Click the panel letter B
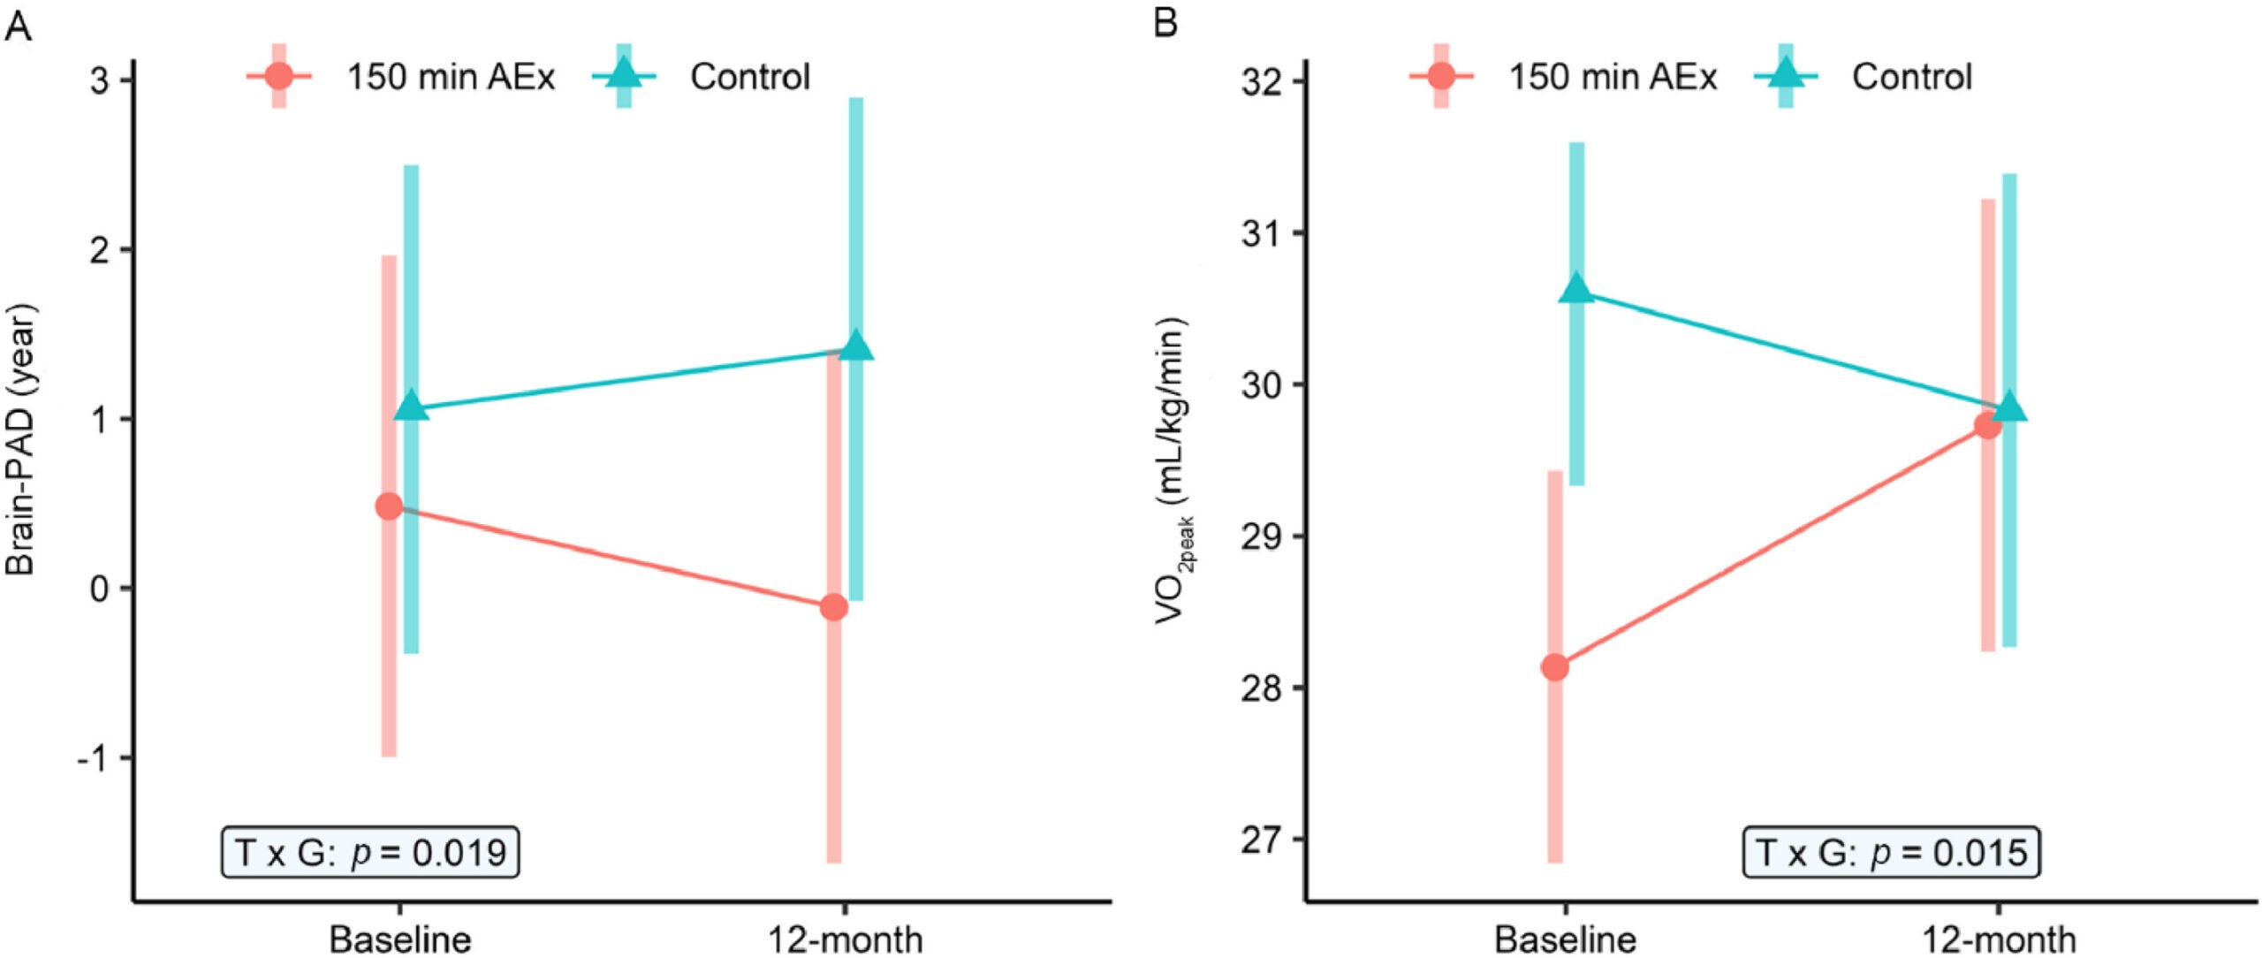pos(1165,21)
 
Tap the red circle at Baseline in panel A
pos(389,506)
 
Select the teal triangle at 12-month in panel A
pos(855,347)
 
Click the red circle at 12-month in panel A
pos(833,607)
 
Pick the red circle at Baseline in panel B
pos(1554,667)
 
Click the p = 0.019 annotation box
pos(369,852)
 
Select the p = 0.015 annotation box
pos(1890,852)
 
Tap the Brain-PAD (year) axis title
pos(21,440)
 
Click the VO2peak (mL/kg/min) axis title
pos(1173,470)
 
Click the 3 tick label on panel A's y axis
pos(99,81)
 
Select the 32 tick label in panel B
pos(1262,82)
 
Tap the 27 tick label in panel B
pos(1262,839)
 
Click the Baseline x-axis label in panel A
pos(400,939)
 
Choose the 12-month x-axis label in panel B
pos(1999,939)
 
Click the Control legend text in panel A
pos(749,77)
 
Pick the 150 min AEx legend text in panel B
pos(1612,77)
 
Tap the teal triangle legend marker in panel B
pos(1785,75)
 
